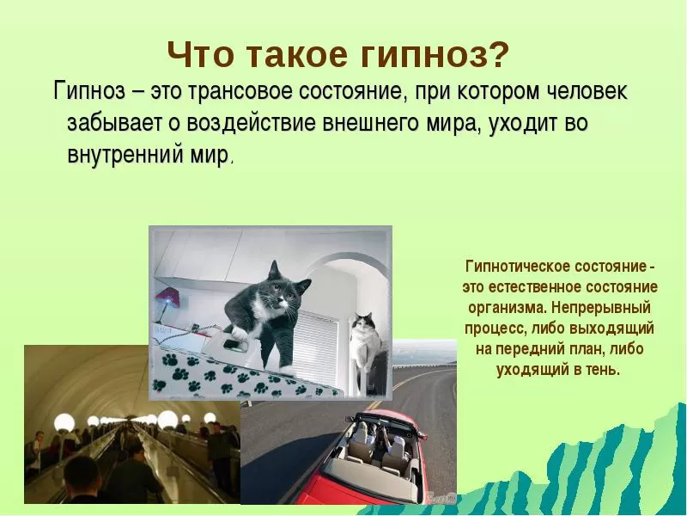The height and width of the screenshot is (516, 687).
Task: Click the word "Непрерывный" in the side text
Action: tap(602, 308)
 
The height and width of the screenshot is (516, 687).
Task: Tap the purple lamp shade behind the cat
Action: tap(167, 297)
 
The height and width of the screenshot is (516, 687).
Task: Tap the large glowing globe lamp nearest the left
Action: tap(64, 422)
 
